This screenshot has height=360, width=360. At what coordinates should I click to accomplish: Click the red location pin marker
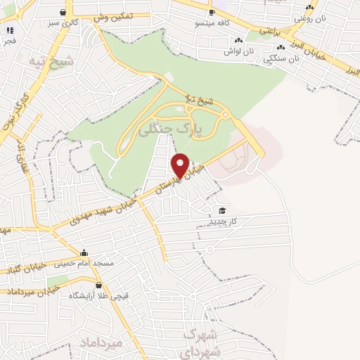(x=181, y=165)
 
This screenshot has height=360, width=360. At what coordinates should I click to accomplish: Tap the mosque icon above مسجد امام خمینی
(x=85, y=253)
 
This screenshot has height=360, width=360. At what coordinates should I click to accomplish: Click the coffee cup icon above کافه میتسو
(x=212, y=13)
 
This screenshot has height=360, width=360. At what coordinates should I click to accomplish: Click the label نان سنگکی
(x=281, y=60)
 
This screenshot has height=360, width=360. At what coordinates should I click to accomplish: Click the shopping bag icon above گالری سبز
(x=64, y=12)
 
